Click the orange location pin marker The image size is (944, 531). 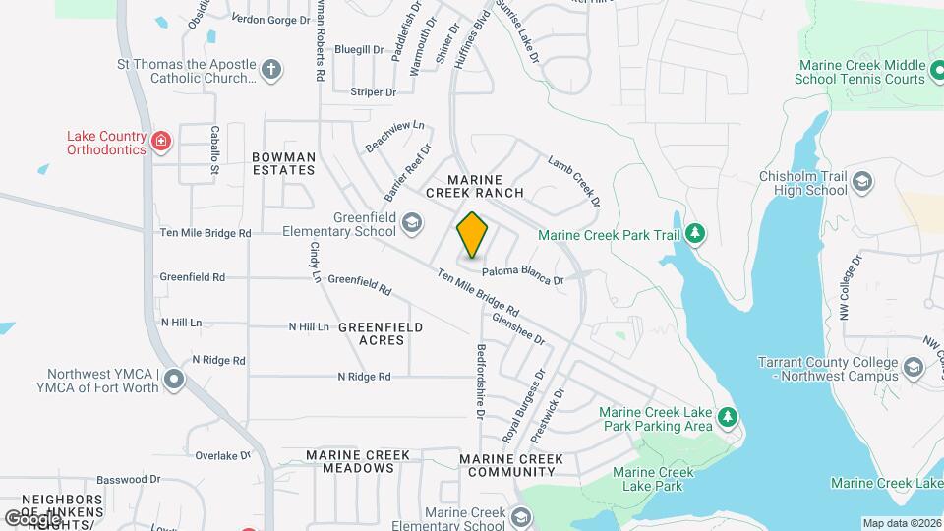[x=473, y=236]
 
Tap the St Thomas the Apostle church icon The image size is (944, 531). [x=271, y=70]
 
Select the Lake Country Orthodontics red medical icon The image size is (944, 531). [x=161, y=143]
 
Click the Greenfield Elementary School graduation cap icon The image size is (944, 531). [x=412, y=225]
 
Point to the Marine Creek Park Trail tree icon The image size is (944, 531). [x=696, y=233]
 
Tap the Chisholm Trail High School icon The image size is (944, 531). [x=862, y=183]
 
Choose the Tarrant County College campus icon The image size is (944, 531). [x=914, y=369]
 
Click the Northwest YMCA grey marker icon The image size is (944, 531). [x=174, y=379]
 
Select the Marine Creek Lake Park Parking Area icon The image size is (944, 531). [x=728, y=418]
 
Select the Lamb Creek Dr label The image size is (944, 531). [x=573, y=182]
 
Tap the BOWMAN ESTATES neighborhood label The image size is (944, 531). [x=283, y=163]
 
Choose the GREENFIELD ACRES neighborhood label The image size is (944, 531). [x=381, y=333]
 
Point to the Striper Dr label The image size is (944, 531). [x=373, y=92]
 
